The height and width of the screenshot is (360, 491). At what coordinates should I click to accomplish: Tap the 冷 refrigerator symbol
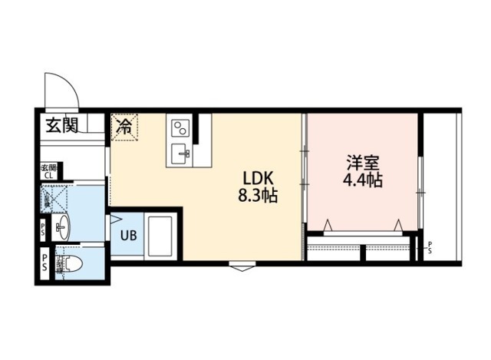[124, 127]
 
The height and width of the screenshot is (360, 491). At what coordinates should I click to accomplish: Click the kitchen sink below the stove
[182, 151]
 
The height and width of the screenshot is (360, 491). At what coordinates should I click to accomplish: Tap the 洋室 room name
[362, 163]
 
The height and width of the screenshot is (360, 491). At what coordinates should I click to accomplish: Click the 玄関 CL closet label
[47, 171]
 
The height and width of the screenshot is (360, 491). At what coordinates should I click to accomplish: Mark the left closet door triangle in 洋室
[328, 224]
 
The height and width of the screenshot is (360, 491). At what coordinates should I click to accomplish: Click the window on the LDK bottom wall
[242, 266]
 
